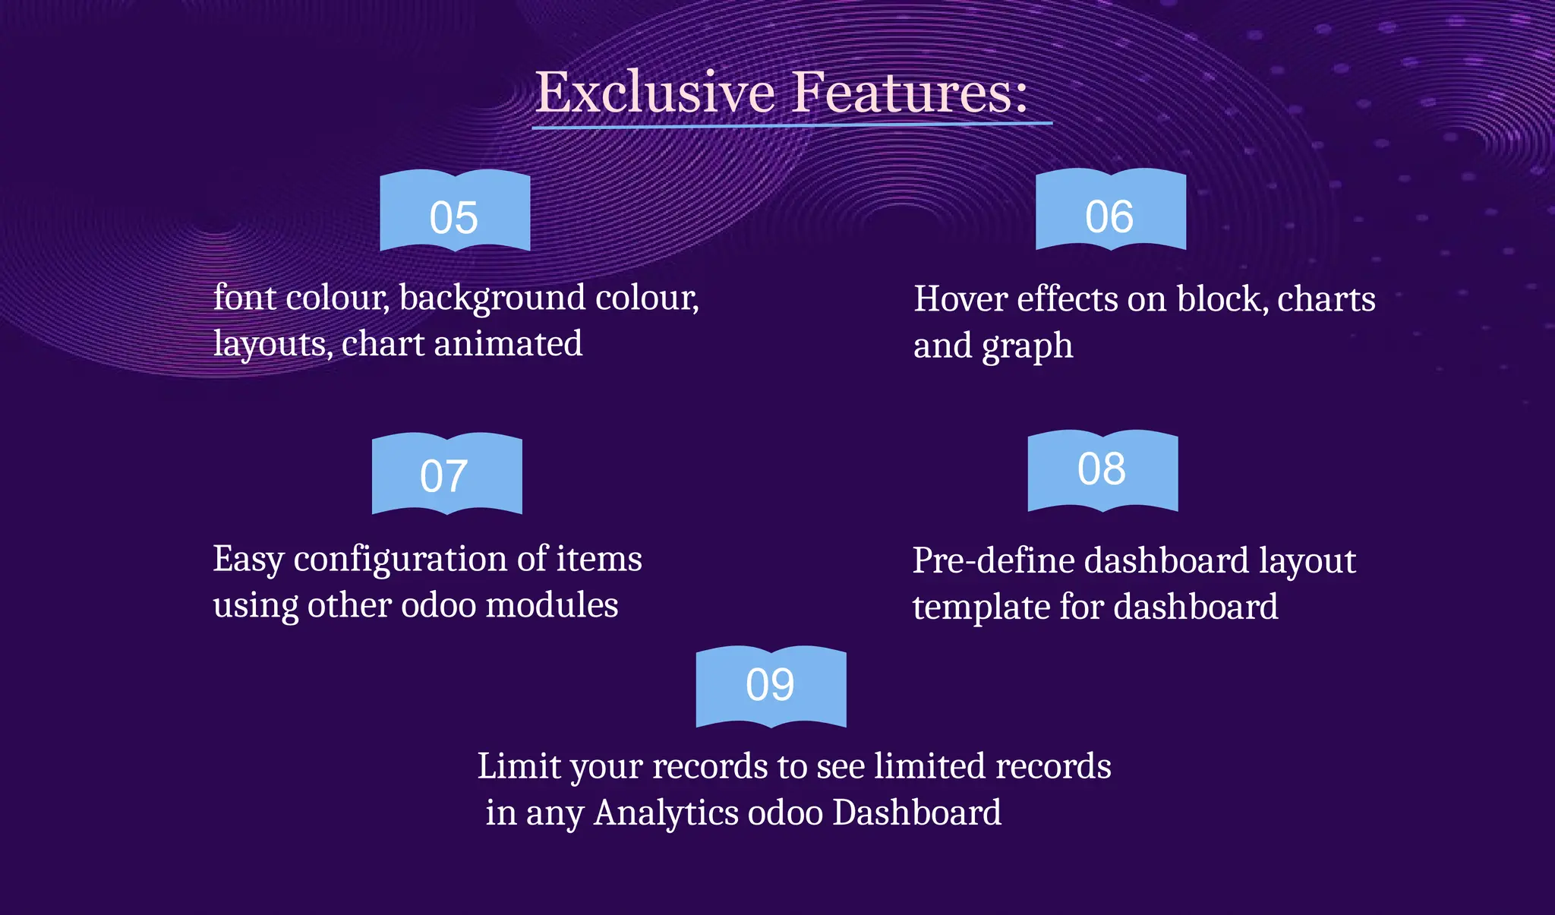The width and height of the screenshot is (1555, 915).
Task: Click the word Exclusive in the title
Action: (654, 92)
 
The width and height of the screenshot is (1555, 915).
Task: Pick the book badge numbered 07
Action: (446, 475)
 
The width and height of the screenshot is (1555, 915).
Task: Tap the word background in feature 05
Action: (492, 298)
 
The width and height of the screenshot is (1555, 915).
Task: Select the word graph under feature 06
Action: (1027, 347)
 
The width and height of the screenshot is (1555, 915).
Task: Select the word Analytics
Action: (666, 813)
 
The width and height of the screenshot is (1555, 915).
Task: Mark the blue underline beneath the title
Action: (791, 125)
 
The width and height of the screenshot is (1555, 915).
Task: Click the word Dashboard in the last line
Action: (916, 813)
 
